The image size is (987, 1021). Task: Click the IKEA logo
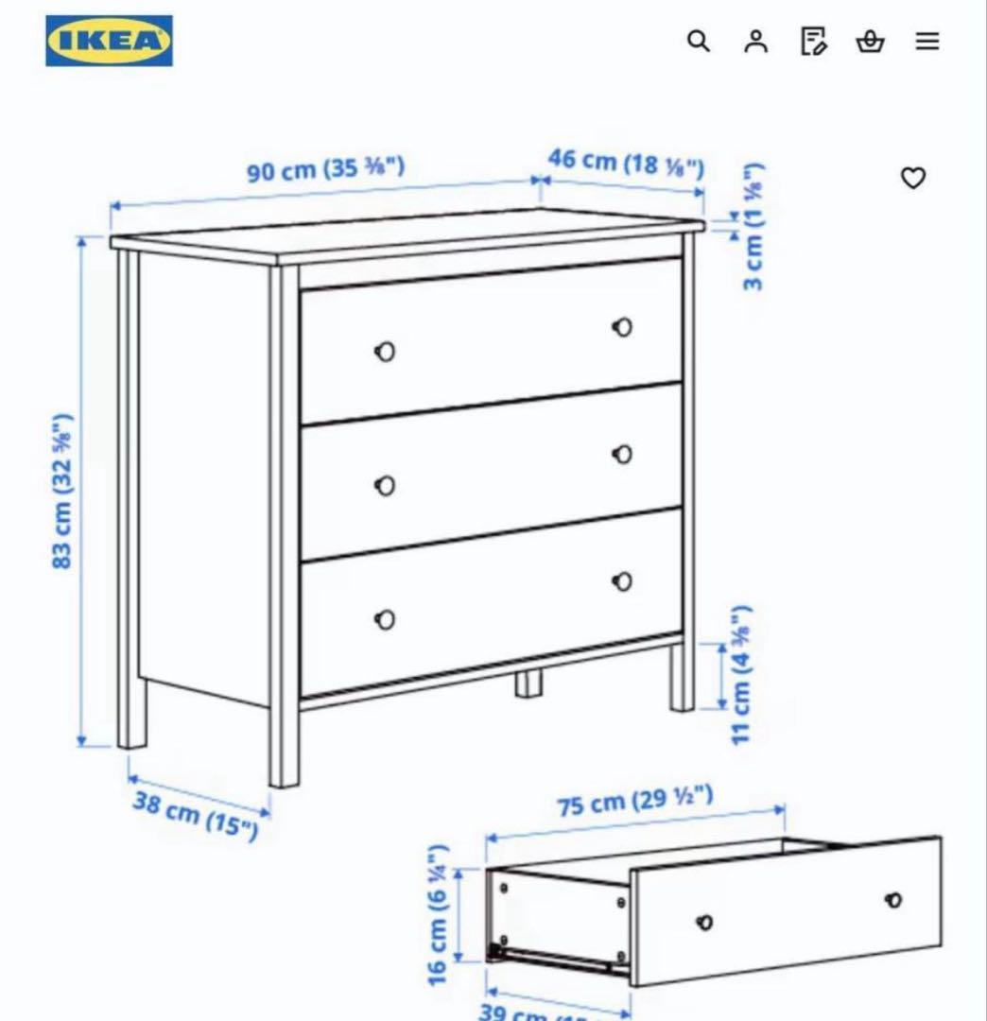coord(109,41)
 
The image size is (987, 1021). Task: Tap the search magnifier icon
coord(698,41)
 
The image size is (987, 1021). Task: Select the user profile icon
coord(755,41)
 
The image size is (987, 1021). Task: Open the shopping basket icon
coord(870,41)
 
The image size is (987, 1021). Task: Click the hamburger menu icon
coord(927,41)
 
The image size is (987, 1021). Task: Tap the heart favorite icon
coord(912,178)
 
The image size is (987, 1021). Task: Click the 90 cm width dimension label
coord(325,170)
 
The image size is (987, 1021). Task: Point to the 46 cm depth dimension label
coord(626,162)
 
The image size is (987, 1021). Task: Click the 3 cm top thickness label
coord(753,228)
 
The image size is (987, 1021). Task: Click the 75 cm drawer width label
coord(634,802)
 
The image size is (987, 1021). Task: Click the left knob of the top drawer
coord(385,352)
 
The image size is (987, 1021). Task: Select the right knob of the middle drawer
coord(622,455)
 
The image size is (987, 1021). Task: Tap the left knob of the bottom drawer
coord(385,620)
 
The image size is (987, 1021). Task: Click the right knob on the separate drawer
coord(893,900)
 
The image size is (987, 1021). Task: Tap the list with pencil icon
coord(813,41)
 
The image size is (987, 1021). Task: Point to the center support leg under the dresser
coord(528,684)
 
